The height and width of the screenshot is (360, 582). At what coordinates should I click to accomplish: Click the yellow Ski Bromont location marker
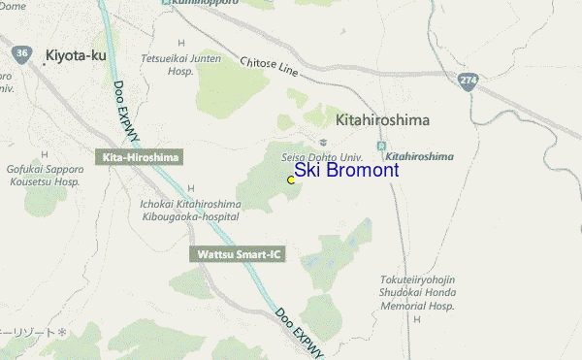click(291, 180)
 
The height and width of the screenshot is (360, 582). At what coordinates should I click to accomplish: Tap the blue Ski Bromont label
click(346, 171)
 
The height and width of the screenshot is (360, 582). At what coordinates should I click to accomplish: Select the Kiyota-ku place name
click(75, 56)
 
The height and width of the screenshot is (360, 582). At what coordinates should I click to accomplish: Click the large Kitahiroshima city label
click(382, 120)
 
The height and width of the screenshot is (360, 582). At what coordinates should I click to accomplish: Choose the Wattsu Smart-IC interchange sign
click(238, 254)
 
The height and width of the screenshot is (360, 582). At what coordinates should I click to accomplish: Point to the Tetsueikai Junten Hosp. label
click(181, 64)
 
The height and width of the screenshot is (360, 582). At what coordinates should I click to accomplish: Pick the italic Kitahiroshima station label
click(420, 156)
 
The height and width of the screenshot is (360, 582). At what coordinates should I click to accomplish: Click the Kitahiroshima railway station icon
click(382, 146)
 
